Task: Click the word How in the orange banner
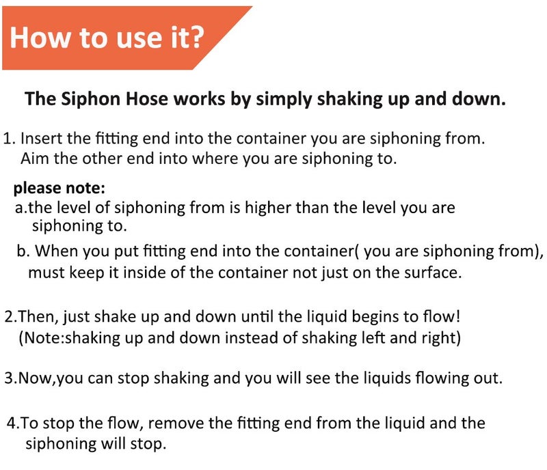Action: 40,38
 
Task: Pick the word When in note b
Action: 57,251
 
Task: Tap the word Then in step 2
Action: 38,317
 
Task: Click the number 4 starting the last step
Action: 12,424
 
